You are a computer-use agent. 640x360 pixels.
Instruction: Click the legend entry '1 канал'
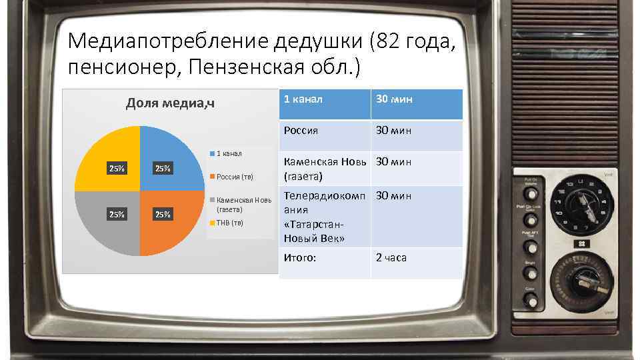229,153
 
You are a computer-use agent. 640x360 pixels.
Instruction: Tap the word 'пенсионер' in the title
123,67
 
